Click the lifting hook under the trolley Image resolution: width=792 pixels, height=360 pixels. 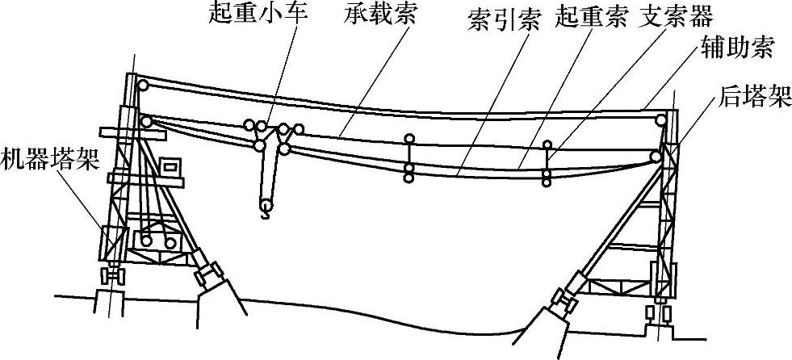point(265,211)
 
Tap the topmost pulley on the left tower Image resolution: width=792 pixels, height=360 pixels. point(142,85)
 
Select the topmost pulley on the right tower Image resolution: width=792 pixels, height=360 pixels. point(662,121)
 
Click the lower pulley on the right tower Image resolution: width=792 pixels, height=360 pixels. point(655,156)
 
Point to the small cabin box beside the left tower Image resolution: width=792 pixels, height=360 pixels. point(170,167)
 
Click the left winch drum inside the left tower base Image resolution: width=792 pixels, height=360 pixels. point(146,241)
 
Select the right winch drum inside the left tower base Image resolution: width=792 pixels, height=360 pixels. point(170,243)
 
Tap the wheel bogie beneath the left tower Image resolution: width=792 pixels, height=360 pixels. point(114,277)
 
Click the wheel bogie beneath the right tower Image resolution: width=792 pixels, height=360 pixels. point(658,313)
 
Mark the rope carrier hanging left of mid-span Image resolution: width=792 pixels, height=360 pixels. point(409,155)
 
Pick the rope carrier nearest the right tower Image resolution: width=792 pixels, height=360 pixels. point(547,164)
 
